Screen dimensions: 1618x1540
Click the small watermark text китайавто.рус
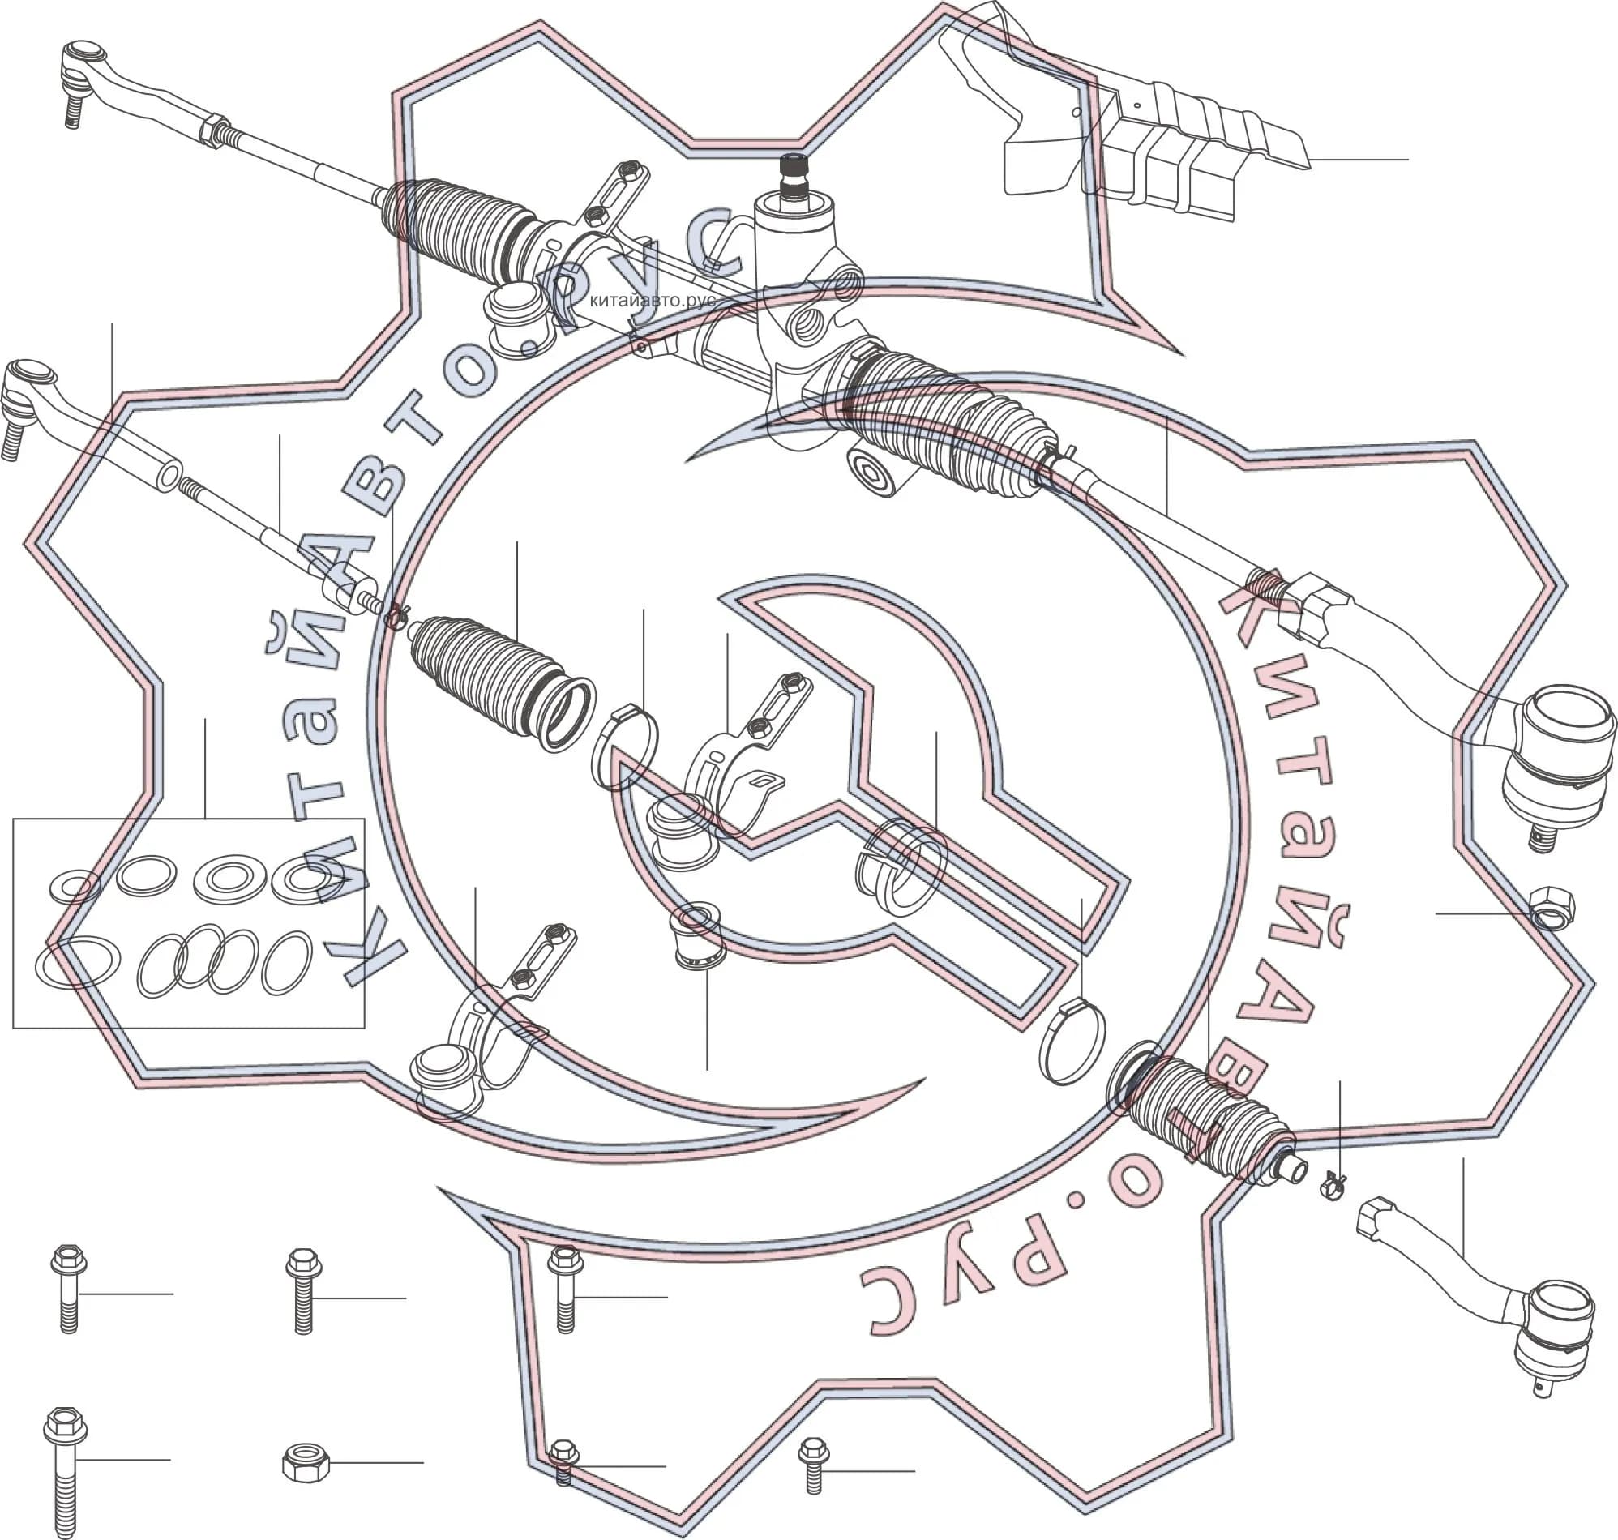[x=653, y=300]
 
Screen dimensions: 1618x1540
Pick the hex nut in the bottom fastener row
[x=306, y=1462]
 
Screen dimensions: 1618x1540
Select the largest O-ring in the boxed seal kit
[x=78, y=963]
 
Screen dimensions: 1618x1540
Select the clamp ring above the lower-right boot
[x=1072, y=1040]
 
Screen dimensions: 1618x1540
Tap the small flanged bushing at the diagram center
[x=697, y=935]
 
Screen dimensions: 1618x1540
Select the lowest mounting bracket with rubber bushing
[x=493, y=1018]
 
